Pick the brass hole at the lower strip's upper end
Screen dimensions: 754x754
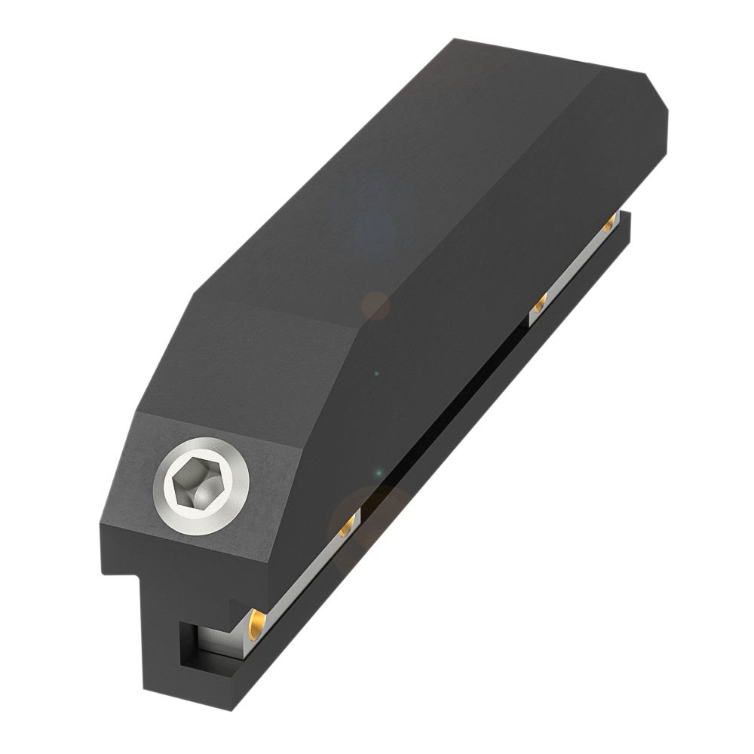point(348,525)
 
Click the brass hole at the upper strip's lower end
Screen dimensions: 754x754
point(539,305)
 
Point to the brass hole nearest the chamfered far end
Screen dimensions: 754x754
point(609,224)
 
